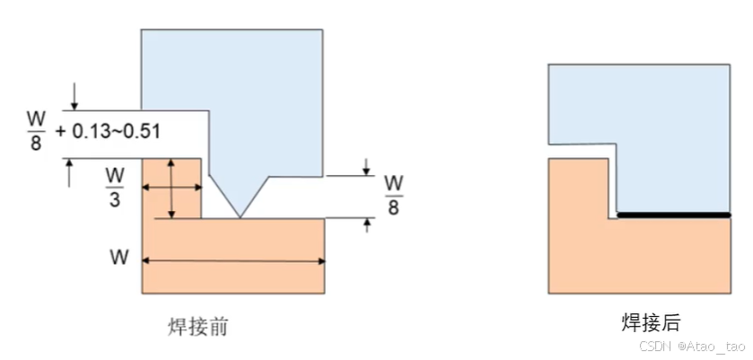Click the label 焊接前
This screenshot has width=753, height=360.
tap(198, 326)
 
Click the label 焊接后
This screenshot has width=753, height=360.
tap(652, 323)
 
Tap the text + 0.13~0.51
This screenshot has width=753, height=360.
tap(107, 131)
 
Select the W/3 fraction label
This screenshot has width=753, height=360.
tap(115, 187)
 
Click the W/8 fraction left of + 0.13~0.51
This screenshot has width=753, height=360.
tap(37, 131)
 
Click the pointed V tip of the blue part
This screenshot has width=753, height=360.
tap(239, 215)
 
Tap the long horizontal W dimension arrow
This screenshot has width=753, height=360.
tap(233, 261)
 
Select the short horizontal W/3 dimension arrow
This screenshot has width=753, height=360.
tap(171, 188)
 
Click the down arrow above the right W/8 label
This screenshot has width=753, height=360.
tap(366, 166)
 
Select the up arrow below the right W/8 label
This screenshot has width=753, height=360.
tap(366, 226)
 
